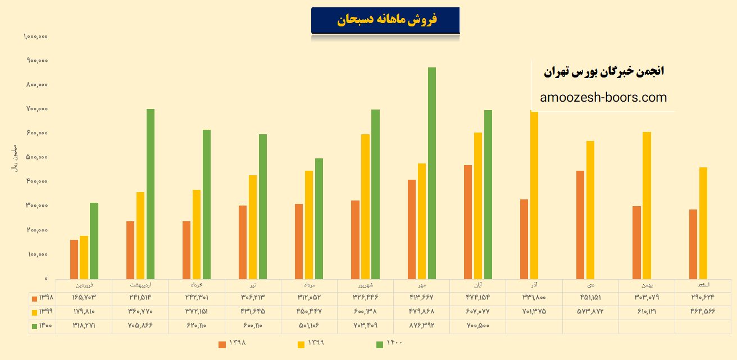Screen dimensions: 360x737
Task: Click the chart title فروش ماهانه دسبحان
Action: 386,20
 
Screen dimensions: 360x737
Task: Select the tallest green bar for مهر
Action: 432,173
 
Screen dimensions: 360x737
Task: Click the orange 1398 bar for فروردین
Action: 74,259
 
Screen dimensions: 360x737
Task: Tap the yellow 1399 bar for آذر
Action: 534,195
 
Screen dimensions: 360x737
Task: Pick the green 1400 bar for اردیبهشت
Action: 150,194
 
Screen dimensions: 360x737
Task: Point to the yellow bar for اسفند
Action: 703,222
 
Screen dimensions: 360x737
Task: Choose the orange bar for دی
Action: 580,225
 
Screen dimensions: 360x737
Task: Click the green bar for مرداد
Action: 319,218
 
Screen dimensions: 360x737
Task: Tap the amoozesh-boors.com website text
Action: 603,98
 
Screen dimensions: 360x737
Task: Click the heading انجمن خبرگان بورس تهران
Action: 604,71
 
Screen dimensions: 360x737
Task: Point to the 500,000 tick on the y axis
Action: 37,157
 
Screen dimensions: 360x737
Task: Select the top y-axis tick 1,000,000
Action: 35,36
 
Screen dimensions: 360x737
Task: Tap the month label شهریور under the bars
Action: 365,285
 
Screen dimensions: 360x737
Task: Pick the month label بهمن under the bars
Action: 647,285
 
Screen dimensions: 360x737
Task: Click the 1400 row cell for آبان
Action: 477,325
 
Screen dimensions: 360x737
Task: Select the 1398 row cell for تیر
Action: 253,297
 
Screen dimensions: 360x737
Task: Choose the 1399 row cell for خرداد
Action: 197,311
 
